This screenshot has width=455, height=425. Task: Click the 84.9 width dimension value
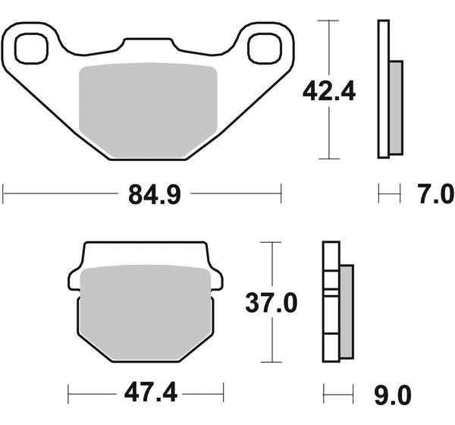[x=155, y=195]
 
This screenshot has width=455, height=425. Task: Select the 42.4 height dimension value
[x=329, y=91]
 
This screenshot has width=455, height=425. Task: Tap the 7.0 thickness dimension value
[x=436, y=194]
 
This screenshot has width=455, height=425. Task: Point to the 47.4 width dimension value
[x=151, y=392]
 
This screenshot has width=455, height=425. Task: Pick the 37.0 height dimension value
[x=271, y=303]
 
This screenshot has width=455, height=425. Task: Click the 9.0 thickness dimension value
[x=393, y=395]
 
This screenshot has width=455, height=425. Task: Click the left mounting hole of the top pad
[x=31, y=49]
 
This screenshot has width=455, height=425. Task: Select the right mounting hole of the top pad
[x=265, y=49]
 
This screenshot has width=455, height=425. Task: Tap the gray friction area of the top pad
[x=148, y=110]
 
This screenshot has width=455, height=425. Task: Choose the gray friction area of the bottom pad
[x=145, y=313]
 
